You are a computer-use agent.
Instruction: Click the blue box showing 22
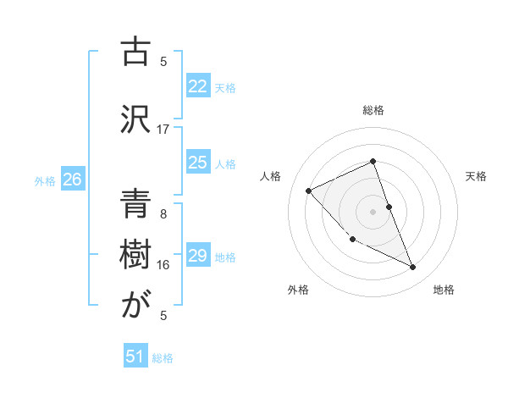point(198,86)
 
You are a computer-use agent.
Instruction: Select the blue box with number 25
point(198,163)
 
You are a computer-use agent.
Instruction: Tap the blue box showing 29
point(198,256)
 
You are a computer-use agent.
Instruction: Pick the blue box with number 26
point(73,180)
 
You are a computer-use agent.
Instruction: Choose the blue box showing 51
point(135,357)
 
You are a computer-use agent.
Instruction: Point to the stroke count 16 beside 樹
point(163,264)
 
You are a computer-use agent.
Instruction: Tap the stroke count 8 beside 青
point(163,213)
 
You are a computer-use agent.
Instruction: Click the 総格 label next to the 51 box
point(163,358)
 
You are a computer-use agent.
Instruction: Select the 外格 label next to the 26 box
point(45,181)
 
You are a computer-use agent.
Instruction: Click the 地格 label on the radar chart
point(444,290)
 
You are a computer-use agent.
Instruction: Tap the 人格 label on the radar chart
point(271,176)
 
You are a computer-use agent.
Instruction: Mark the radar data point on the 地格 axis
point(413,268)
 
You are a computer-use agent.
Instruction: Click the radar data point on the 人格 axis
point(309,191)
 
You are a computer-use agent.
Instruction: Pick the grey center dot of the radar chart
point(373,211)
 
